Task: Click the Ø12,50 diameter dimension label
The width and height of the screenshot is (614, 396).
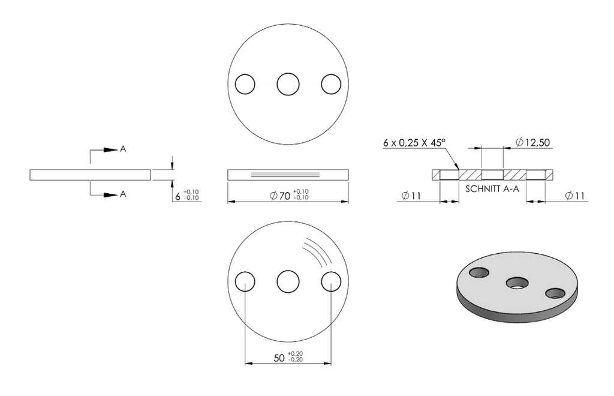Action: click(532, 142)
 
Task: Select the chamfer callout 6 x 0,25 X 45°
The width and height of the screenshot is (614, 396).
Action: click(414, 143)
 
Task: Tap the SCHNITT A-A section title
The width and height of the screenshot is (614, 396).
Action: click(492, 189)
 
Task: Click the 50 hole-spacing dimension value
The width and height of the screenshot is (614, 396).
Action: click(279, 358)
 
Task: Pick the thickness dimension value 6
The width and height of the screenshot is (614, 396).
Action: click(177, 196)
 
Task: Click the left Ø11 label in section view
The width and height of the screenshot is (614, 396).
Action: click(411, 196)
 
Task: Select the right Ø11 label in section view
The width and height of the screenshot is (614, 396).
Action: click(575, 196)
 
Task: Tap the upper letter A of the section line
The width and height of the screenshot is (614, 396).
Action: click(123, 149)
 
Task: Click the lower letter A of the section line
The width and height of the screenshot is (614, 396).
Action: click(123, 194)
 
